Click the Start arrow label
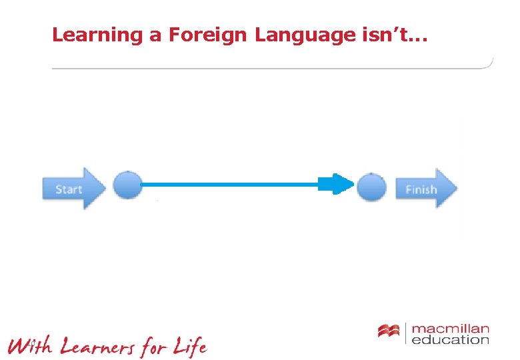click(69, 189)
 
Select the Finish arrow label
click(421, 190)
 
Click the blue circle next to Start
click(127, 185)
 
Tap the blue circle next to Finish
click(371, 186)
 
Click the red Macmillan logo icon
click(388, 331)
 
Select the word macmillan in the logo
click(451, 329)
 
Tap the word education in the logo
click(451, 340)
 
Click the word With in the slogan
click(29, 346)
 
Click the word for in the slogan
click(153, 347)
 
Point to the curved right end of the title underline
click(490, 63)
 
